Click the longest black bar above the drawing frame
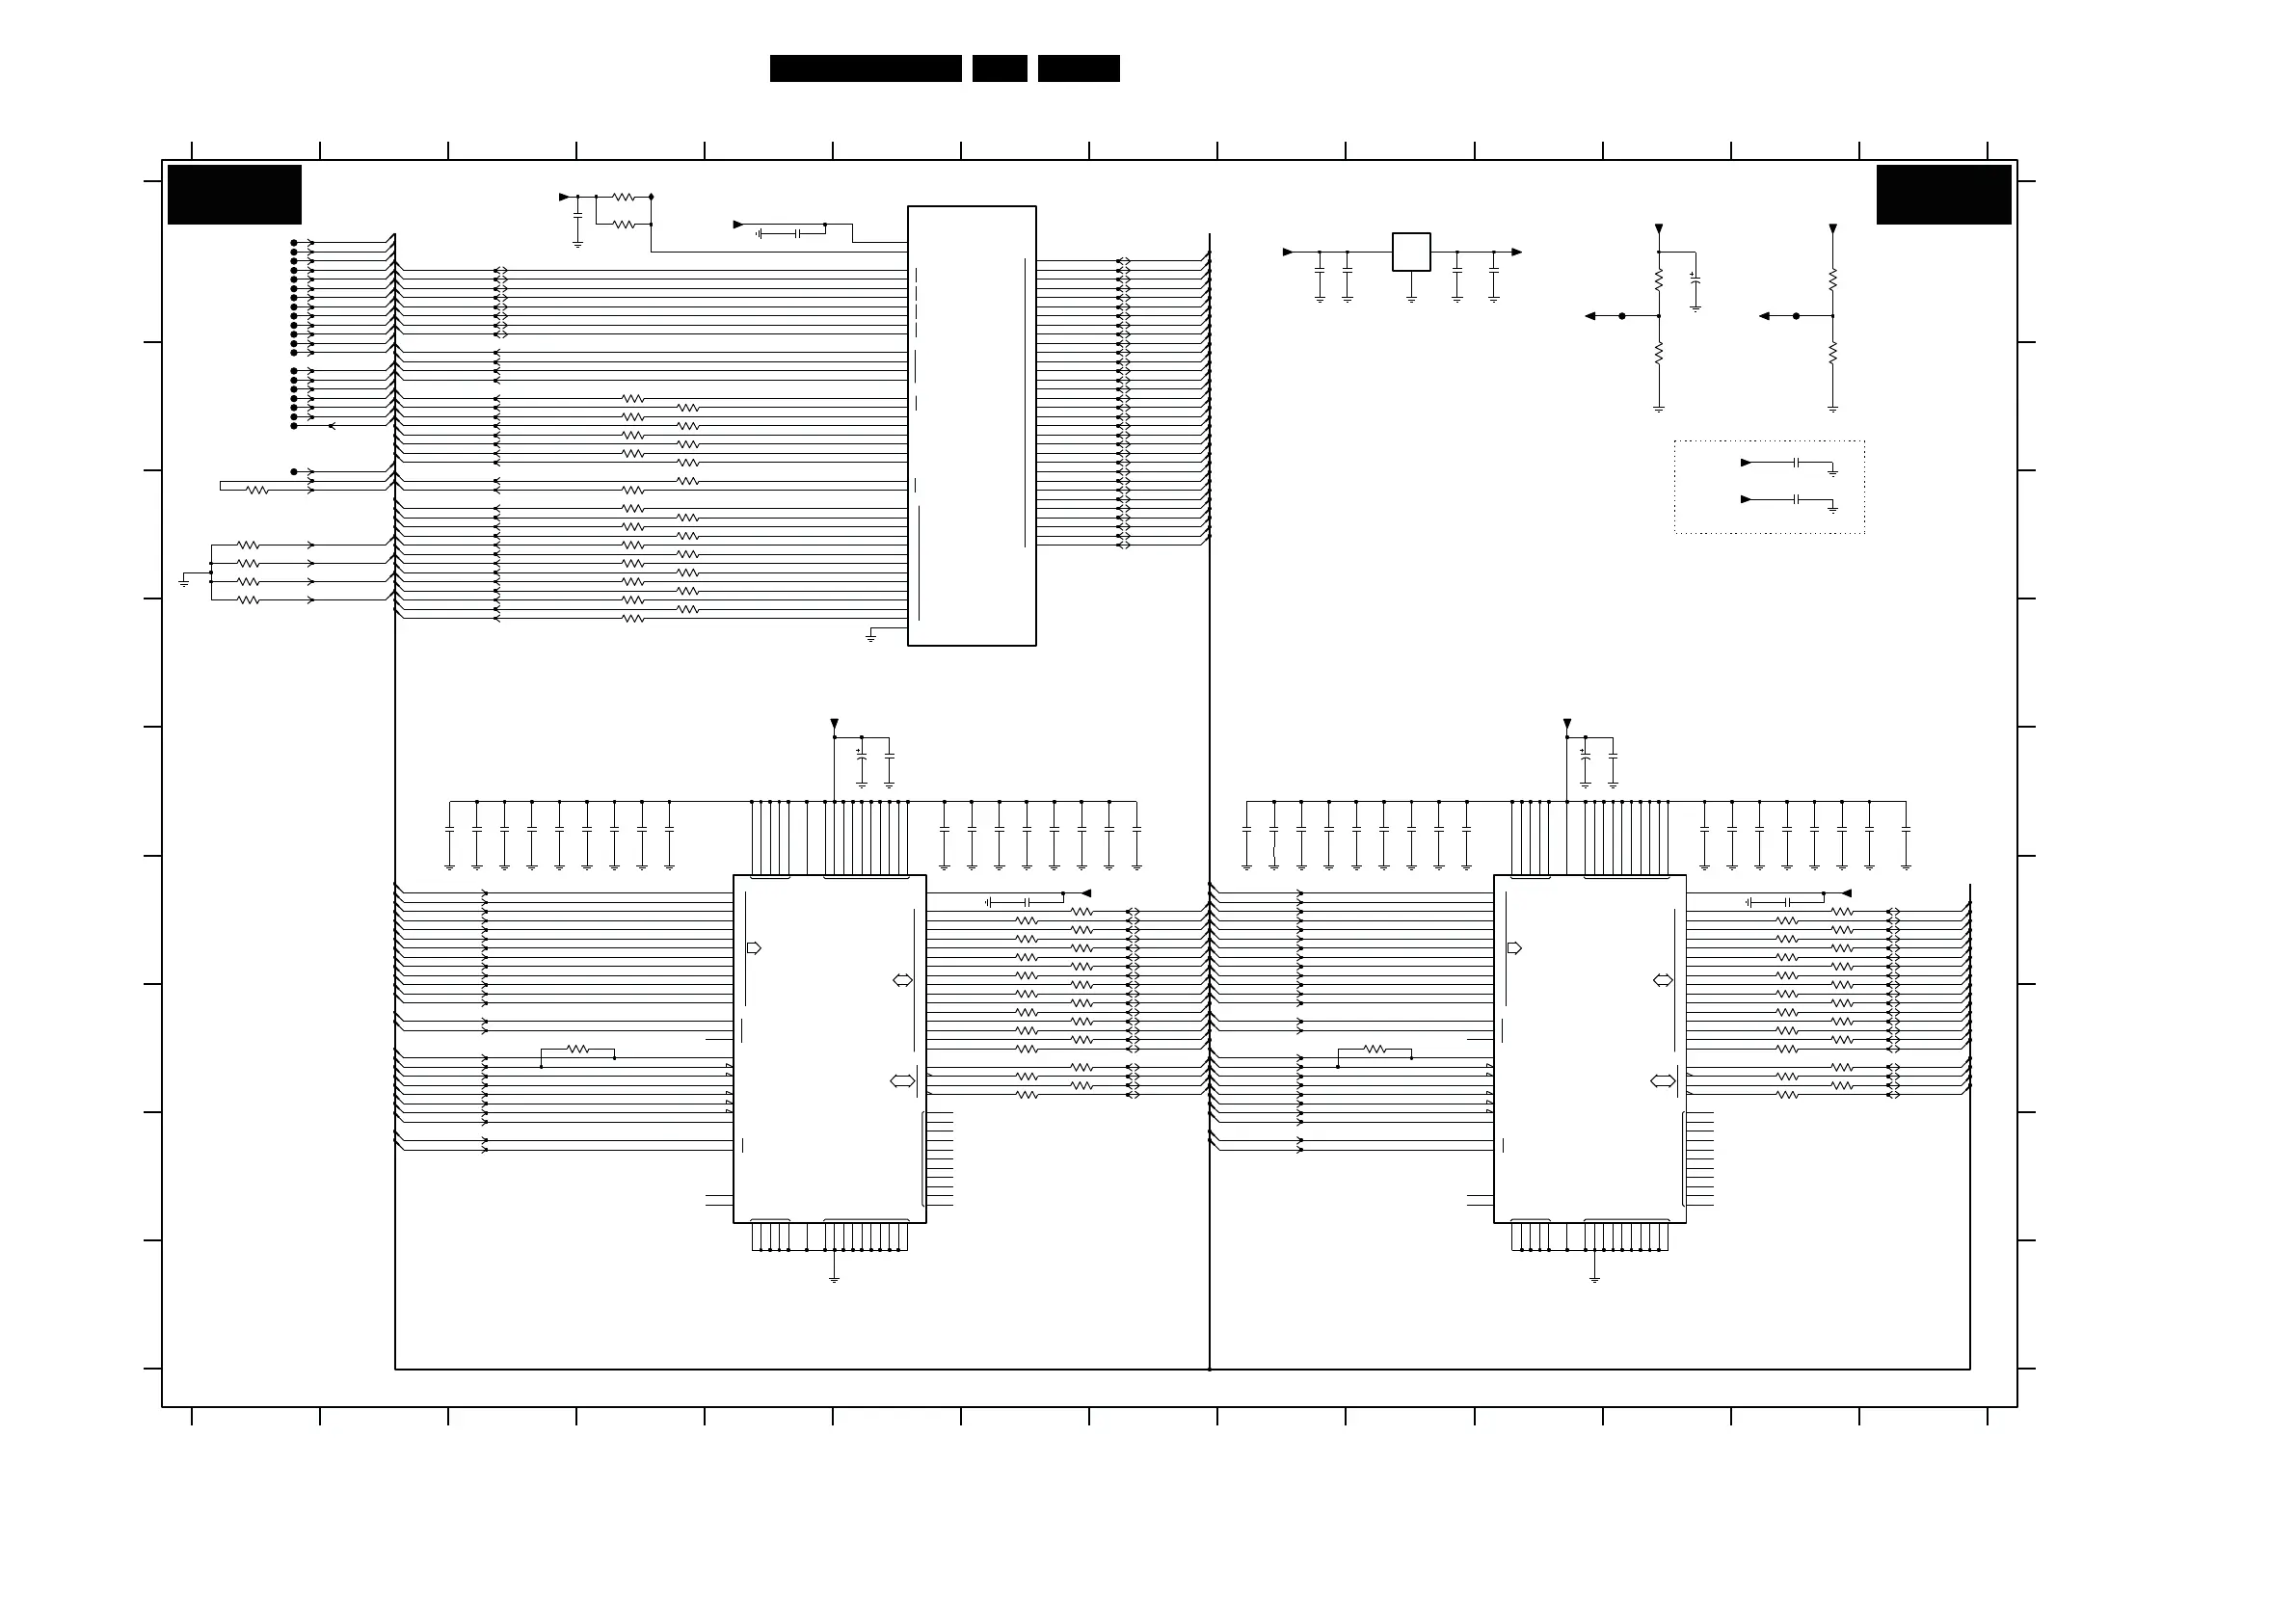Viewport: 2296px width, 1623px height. click(x=865, y=68)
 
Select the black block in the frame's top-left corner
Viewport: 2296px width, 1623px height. click(x=234, y=194)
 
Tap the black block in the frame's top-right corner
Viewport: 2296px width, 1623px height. click(x=1943, y=194)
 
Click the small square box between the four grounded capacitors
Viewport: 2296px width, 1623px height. click(x=1411, y=252)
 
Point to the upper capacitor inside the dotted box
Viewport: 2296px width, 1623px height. click(x=1797, y=463)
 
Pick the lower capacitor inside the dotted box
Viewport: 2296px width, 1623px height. click(x=1797, y=499)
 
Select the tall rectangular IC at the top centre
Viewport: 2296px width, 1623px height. click(x=971, y=426)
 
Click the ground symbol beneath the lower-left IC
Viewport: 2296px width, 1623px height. click(x=834, y=1278)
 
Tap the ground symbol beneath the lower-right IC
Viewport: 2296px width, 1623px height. click(x=1594, y=1278)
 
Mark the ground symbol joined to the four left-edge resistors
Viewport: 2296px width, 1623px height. click(x=184, y=581)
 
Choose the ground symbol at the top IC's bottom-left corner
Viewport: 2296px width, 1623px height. click(x=871, y=636)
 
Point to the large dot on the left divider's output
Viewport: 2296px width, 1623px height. click(x=1622, y=316)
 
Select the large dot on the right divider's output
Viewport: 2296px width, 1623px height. click(x=1796, y=316)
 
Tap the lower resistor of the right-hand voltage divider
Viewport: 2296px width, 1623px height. click(x=1832, y=353)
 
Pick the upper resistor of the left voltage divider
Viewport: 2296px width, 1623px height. click(x=1658, y=279)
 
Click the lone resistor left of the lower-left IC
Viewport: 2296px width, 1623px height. click(x=578, y=1049)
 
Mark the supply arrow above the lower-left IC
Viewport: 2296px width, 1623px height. click(x=834, y=724)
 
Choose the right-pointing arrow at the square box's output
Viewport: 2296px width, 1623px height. click(x=1517, y=252)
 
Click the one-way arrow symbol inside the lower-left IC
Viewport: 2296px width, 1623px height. click(x=754, y=948)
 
